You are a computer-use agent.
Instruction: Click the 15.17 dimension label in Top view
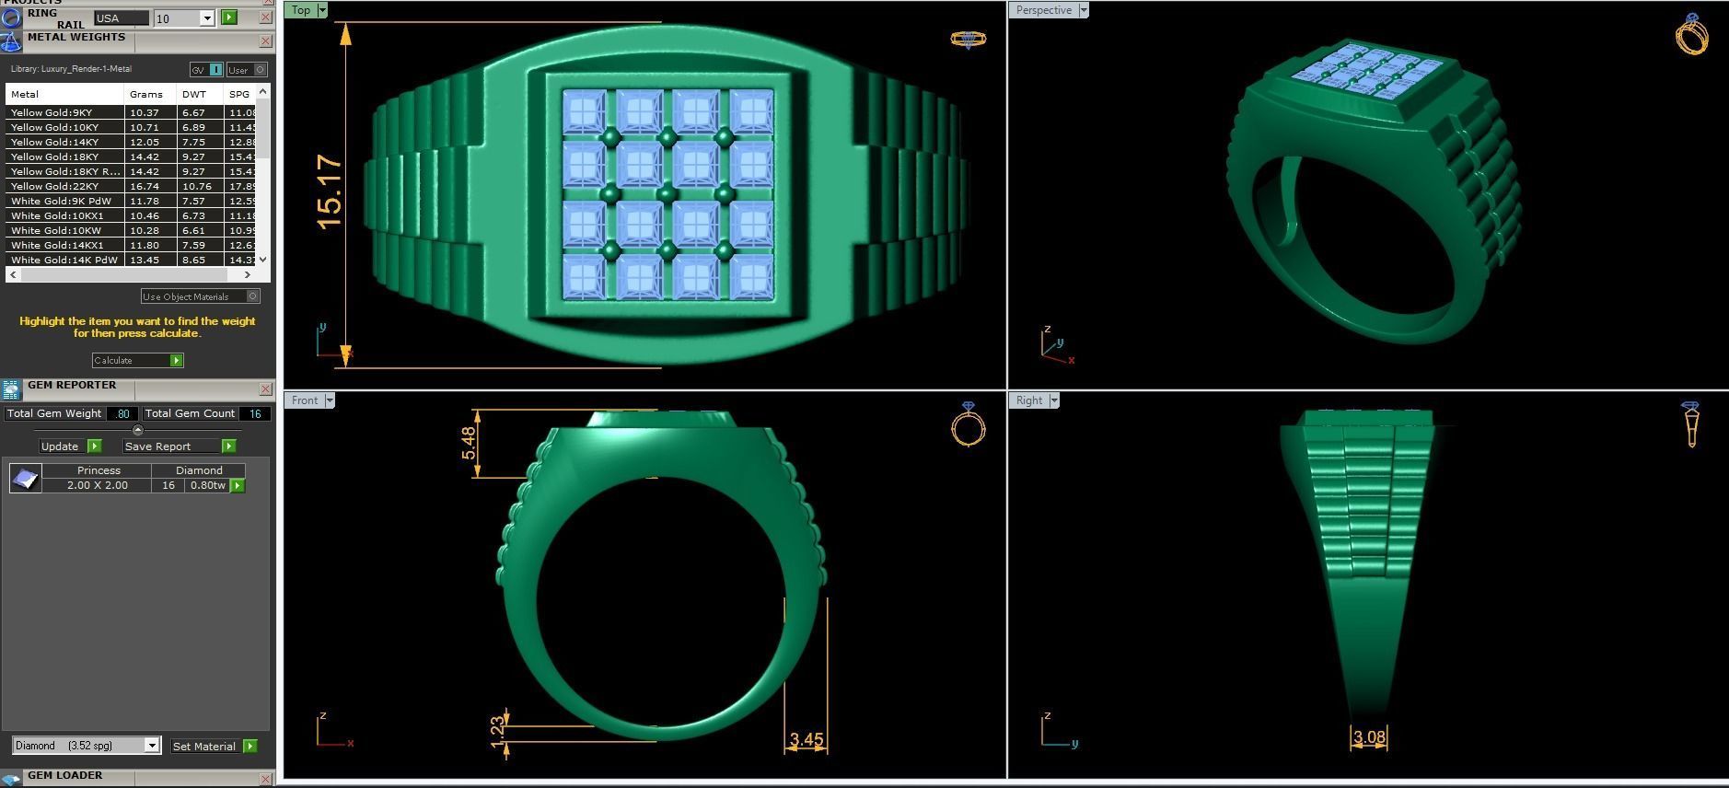pos(329,192)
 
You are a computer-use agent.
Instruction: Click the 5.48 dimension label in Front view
pos(470,443)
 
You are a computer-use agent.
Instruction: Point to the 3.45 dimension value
pos(806,739)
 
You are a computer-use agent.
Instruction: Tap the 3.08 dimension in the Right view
pos(1369,736)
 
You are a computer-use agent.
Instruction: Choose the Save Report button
pos(180,446)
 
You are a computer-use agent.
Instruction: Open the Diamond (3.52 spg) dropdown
pos(152,746)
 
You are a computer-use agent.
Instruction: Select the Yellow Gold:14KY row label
pos(54,142)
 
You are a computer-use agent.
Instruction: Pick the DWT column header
pos(194,94)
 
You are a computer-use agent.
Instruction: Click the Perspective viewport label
pos(1043,10)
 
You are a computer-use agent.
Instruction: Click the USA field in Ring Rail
pos(121,18)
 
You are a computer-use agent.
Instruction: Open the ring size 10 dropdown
pos(206,18)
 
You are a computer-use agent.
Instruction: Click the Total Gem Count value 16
pos(255,413)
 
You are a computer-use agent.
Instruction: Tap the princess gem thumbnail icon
pos(25,478)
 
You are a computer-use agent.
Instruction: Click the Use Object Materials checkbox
pos(253,296)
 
